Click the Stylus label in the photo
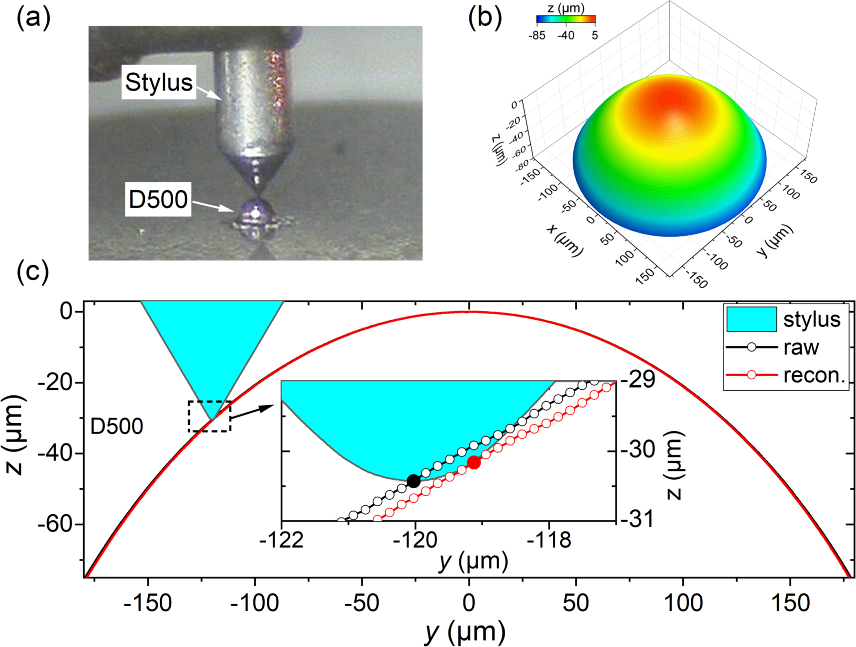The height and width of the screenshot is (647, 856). pyautogui.click(x=158, y=82)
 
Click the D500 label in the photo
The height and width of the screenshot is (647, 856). pyautogui.click(x=158, y=199)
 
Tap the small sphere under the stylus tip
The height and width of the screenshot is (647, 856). pyautogui.click(x=254, y=213)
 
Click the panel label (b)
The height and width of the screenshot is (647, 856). pyautogui.click(x=485, y=18)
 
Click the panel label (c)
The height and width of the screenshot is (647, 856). pyautogui.click(x=33, y=272)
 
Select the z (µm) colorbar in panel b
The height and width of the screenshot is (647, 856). pyautogui.click(x=566, y=20)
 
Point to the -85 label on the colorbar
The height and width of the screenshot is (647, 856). pyautogui.click(x=537, y=36)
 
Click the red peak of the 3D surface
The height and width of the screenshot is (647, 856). pyautogui.click(x=669, y=100)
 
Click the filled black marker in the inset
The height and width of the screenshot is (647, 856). pyautogui.click(x=413, y=481)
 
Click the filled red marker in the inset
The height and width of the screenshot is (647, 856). pyautogui.click(x=474, y=462)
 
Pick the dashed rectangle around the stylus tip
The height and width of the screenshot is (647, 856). pyautogui.click(x=210, y=416)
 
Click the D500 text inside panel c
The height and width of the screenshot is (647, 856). pyautogui.click(x=117, y=427)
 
